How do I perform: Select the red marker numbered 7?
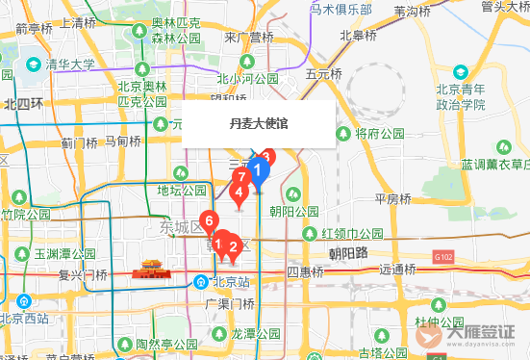pyautogui.click(x=244, y=178)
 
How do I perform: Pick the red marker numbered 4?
pyautogui.click(x=239, y=193)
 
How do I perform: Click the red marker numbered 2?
pyautogui.click(x=232, y=246)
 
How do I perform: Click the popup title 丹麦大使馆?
pyautogui.click(x=259, y=123)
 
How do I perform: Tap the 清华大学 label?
pyautogui.click(x=69, y=65)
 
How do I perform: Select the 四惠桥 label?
pyautogui.click(x=306, y=272)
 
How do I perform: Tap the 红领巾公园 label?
pyautogui.click(x=352, y=234)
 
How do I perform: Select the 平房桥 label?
pyautogui.click(x=392, y=198)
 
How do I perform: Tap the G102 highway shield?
pyautogui.click(x=442, y=258)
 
